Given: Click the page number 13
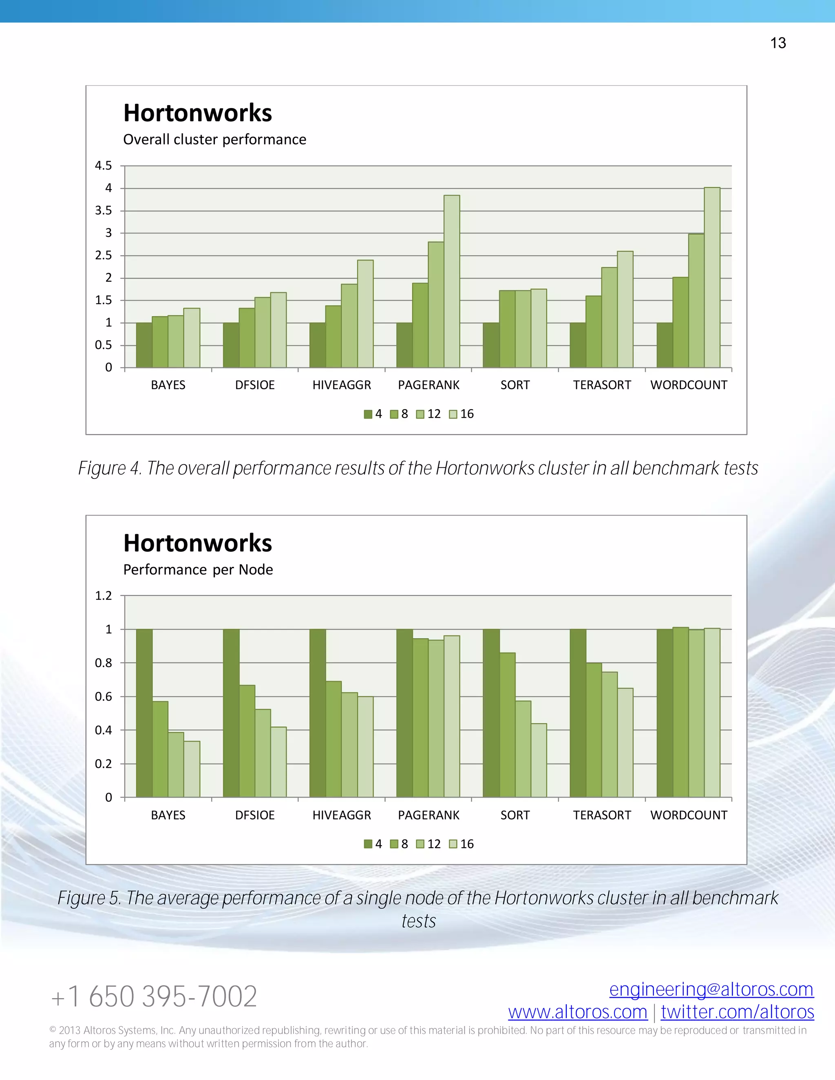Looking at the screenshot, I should [x=778, y=43].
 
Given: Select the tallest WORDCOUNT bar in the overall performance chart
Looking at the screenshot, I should [x=712, y=277].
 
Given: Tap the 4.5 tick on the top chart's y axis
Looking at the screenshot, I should [x=104, y=165].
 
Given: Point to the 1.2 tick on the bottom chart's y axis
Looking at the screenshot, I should [x=104, y=596].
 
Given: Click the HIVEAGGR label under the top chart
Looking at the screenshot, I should [x=341, y=385].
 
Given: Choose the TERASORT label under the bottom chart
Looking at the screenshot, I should [x=601, y=816].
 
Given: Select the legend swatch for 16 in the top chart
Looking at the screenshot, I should [x=453, y=414].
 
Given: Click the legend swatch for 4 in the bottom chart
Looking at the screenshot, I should [x=367, y=844].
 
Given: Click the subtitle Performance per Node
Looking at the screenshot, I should [x=198, y=570].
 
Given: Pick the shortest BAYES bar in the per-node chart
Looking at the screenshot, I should [x=192, y=769].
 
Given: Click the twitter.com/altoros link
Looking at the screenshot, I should [x=737, y=1012].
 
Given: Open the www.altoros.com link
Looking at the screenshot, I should [x=577, y=1012].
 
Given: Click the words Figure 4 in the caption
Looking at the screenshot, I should [x=109, y=468].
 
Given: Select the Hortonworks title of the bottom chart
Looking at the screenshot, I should [x=197, y=543].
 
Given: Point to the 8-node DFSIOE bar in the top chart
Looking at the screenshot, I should [x=247, y=338].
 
